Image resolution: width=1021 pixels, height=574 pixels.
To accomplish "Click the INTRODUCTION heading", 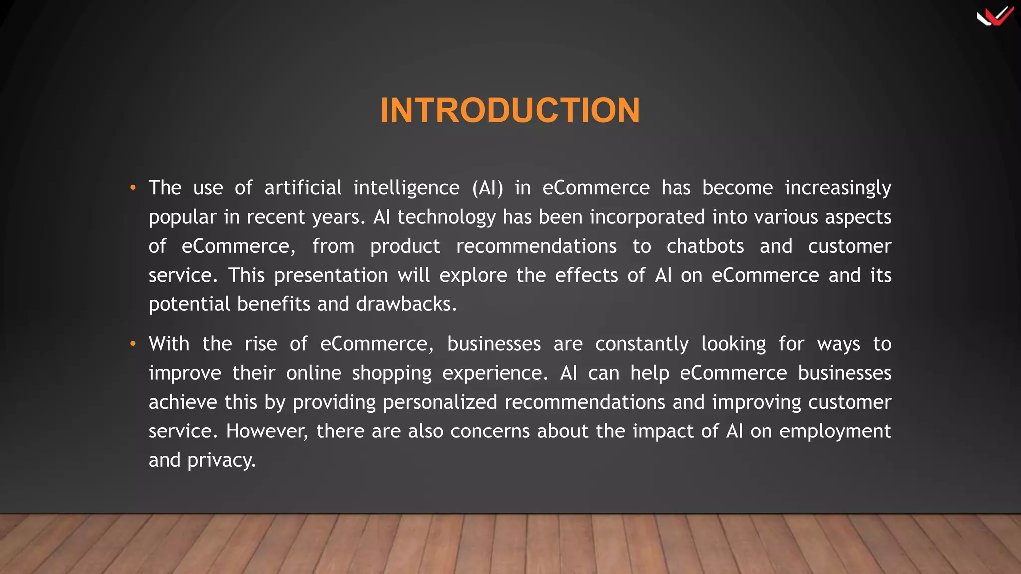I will tap(510, 110).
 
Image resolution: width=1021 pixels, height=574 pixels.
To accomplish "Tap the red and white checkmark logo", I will tap(995, 16).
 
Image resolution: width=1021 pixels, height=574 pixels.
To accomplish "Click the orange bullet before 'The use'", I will tap(133, 188).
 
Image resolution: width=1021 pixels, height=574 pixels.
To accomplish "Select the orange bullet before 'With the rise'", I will tap(133, 344).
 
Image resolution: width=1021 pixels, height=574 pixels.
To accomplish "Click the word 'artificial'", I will tap(303, 188).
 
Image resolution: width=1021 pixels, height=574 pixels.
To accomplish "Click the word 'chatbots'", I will tap(705, 246).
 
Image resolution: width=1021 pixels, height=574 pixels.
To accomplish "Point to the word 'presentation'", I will tap(331, 276).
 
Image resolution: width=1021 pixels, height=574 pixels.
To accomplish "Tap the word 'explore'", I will tap(473, 276).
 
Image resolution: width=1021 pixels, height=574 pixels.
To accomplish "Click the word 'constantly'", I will tap(642, 344).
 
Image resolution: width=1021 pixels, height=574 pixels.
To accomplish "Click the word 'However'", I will tap(266, 431).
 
